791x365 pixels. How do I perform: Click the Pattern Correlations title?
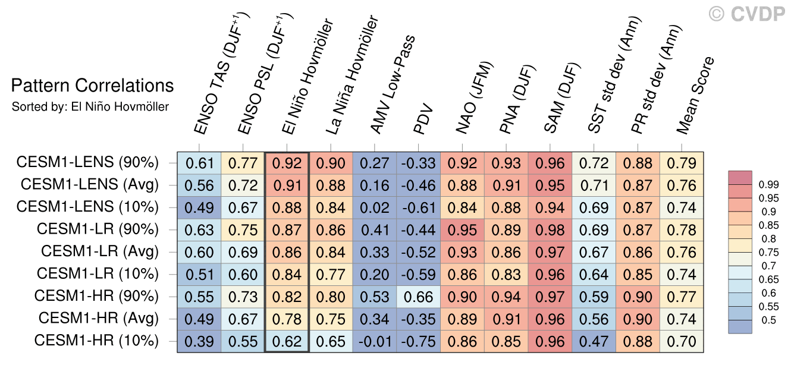[92, 86]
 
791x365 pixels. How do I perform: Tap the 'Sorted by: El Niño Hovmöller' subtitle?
[90, 107]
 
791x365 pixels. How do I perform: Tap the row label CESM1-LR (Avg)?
[100, 251]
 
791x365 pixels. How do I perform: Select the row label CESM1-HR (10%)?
[96, 341]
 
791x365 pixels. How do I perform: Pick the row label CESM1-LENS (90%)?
[87, 162]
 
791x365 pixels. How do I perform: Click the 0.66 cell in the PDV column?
[419, 297]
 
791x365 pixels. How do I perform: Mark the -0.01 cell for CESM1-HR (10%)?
[375, 341]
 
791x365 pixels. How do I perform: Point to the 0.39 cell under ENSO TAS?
[199, 341]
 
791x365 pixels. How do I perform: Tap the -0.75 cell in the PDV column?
[419, 341]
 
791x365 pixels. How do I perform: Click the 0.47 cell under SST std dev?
[595, 341]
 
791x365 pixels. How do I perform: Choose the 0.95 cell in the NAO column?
[463, 229]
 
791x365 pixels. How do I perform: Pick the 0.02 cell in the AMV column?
[375, 207]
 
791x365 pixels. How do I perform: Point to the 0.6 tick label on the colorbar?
[768, 294]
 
